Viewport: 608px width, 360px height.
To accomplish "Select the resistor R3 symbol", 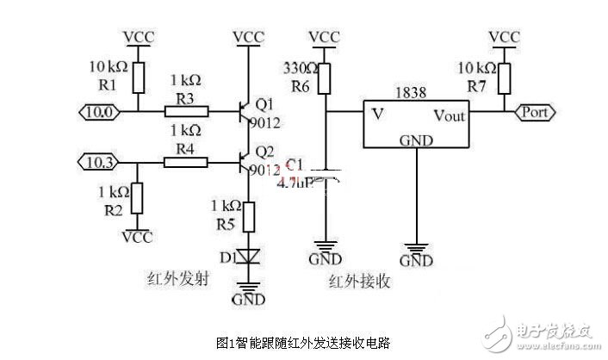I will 183,111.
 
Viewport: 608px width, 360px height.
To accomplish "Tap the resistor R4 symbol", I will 183,160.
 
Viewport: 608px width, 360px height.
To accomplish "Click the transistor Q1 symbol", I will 245,111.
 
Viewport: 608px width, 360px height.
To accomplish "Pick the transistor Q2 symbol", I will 245,160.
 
